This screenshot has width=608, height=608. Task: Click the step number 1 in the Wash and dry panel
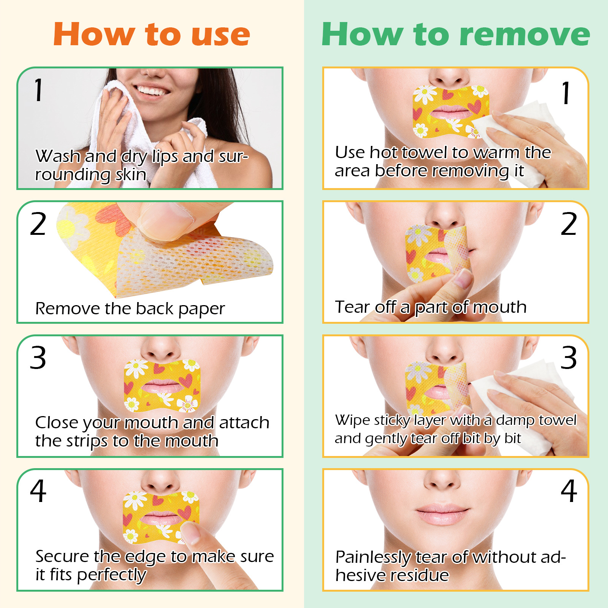[x=38, y=90]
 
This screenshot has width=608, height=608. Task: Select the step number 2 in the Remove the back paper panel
[x=38, y=224]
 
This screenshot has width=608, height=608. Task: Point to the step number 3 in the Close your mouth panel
[x=38, y=358]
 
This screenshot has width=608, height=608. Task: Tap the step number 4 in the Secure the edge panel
[x=38, y=491]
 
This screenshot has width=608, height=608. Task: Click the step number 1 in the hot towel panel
[x=566, y=93]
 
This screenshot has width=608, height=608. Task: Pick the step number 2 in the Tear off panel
[x=569, y=224]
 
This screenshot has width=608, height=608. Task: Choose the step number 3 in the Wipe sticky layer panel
[x=569, y=358]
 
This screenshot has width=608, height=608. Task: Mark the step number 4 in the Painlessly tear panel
[x=569, y=491]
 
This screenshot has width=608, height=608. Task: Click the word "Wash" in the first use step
[x=57, y=156]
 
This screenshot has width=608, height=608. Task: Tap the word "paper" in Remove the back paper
[x=201, y=309]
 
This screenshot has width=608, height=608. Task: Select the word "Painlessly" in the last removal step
[x=373, y=558]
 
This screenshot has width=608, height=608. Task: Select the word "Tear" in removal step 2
[x=352, y=307]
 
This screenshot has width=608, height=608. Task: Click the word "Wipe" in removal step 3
[x=352, y=420]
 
